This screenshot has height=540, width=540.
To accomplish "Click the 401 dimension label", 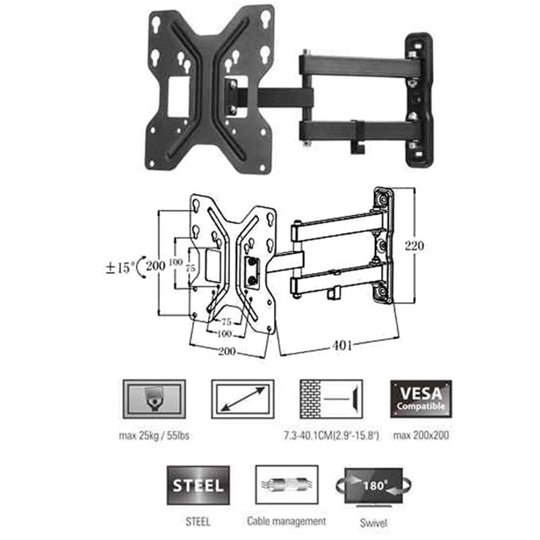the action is tap(342, 345).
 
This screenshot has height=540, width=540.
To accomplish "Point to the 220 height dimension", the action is tap(414, 246).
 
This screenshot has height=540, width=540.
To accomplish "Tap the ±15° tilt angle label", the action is tap(120, 268).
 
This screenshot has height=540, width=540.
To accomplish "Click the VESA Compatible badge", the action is tap(421, 399).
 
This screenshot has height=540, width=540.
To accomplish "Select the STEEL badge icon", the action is tap(198, 485).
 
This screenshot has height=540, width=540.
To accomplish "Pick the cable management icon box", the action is tap(287, 484).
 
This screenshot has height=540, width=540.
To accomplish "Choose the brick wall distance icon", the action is tap(332, 399).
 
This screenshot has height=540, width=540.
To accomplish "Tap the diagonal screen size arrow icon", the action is tap(243, 399).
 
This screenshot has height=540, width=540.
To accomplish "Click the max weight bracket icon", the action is tap(154, 399).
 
